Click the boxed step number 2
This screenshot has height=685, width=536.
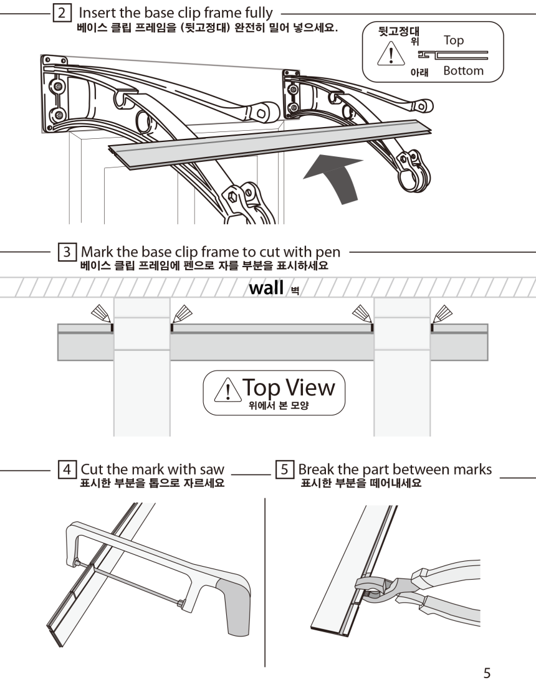tap(61, 13)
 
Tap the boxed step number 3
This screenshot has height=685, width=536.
tap(65, 253)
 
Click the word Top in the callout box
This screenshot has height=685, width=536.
tap(454, 40)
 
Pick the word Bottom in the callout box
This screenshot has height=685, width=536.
tap(463, 71)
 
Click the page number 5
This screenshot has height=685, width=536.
tap(488, 673)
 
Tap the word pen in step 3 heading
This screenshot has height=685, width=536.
tap(328, 253)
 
